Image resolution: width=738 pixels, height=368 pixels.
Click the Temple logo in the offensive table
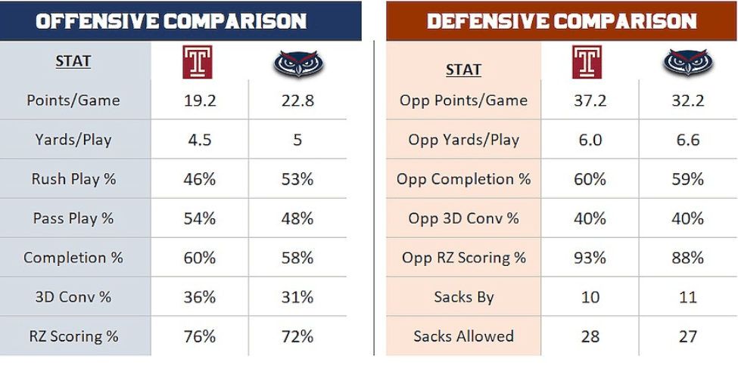pyautogui.click(x=199, y=62)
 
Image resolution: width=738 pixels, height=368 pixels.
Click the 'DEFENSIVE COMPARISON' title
pyautogui.click(x=562, y=21)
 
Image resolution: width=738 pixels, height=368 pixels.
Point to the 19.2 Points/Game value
pyautogui.click(x=200, y=101)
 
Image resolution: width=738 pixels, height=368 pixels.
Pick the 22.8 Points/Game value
pyautogui.click(x=297, y=101)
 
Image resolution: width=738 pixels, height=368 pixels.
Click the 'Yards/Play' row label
pyautogui.click(x=73, y=140)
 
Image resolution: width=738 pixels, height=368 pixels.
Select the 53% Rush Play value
pyautogui.click(x=297, y=179)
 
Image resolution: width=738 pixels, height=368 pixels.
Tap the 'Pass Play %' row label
pyautogui.click(x=73, y=218)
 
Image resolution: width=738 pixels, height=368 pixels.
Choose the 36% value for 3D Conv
pyautogui.click(x=200, y=297)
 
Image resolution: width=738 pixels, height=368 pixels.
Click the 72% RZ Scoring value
pyautogui.click(x=297, y=336)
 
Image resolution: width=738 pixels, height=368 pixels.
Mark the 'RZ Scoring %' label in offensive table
pyautogui.click(x=73, y=336)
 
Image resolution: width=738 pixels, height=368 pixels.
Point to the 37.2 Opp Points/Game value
pyautogui.click(x=590, y=101)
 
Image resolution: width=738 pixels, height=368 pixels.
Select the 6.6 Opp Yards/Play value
pyautogui.click(x=687, y=140)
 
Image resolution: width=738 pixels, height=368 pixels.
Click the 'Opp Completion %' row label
pyautogui.click(x=463, y=179)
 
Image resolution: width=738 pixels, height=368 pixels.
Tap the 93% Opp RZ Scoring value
pyautogui.click(x=590, y=258)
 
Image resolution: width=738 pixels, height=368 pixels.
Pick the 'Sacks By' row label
pyautogui.click(x=463, y=297)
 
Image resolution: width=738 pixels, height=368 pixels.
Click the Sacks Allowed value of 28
pyautogui.click(x=590, y=336)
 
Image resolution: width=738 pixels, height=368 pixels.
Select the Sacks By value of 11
pyautogui.click(x=687, y=297)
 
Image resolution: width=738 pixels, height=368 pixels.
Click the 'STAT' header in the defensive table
pyautogui.click(x=463, y=70)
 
